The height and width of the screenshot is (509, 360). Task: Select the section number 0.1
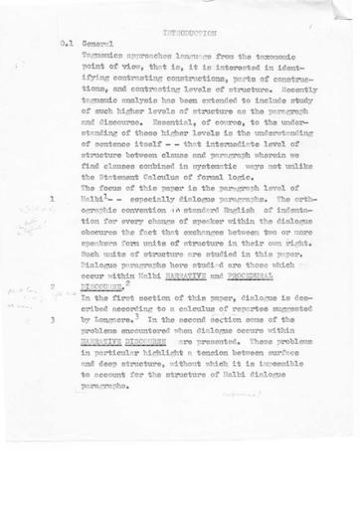pos(67,45)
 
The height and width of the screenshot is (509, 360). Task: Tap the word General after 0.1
pos(98,45)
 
